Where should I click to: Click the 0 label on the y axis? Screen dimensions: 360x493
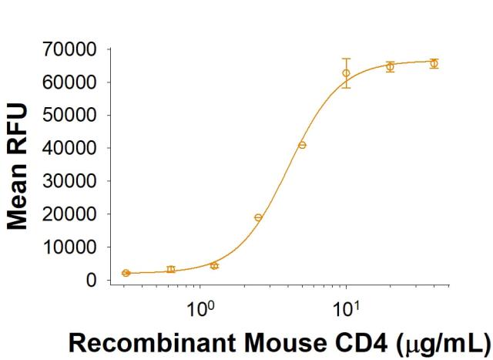91,281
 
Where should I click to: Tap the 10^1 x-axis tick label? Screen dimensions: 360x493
347,311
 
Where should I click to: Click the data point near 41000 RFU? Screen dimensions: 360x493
303,145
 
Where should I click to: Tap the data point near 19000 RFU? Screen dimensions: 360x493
258,217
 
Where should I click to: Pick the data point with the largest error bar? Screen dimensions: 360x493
347,73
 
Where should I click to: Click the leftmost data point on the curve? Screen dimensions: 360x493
126,273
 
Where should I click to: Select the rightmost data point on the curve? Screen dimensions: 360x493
434,63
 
